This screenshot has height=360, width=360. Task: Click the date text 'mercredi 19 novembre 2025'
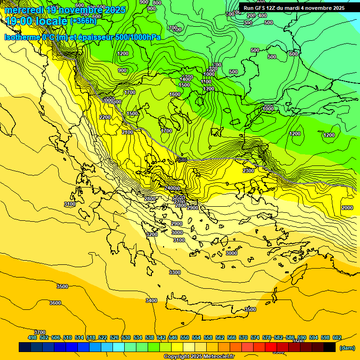click(x=65, y=10)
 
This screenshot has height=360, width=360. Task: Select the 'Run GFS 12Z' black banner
click(x=294, y=8)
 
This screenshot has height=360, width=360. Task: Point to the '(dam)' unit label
click(x=347, y=347)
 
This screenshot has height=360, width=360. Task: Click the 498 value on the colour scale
click(x=32, y=337)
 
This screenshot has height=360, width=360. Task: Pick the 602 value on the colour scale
click(x=337, y=337)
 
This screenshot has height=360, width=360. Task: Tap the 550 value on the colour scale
click(x=185, y=337)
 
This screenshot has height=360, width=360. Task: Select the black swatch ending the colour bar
click(x=330, y=347)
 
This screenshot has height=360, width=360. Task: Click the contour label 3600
click(x=55, y=303)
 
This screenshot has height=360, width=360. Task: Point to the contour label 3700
click(x=40, y=332)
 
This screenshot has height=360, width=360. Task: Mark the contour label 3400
click(x=151, y=300)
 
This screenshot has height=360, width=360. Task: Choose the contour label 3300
click(x=175, y=272)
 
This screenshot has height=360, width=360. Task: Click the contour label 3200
click(x=152, y=234)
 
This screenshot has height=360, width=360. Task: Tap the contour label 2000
click(x=347, y=208)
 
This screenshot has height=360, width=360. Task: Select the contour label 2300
click(x=248, y=171)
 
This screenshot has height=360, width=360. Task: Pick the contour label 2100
click(x=127, y=133)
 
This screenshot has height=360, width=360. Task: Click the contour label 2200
click(x=105, y=117)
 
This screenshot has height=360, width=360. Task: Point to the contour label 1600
click(x=175, y=94)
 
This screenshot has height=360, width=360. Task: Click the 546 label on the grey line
click(x=182, y=160)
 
